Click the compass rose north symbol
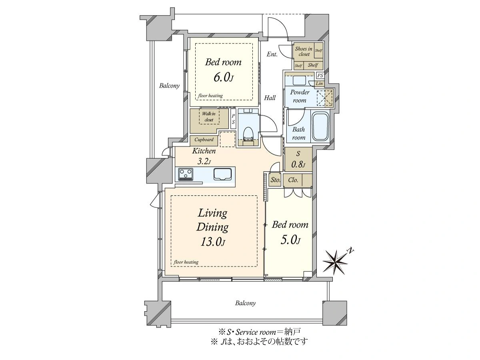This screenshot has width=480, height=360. click(x=336, y=262)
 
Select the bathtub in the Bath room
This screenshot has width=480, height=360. click(x=320, y=126)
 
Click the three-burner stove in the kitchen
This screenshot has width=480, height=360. click(x=186, y=174)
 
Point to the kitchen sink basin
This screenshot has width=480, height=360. click(x=222, y=174)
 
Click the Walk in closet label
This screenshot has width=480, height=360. click(x=209, y=117)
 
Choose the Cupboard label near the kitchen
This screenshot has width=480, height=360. click(x=204, y=140)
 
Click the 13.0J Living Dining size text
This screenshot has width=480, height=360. click(x=212, y=242)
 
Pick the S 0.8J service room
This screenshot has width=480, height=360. click(x=298, y=159)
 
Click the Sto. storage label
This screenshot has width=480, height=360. click(x=275, y=180)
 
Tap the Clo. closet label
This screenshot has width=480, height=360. click(x=293, y=180)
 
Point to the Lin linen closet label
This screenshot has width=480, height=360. click(x=319, y=83)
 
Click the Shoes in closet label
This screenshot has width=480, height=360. click(x=304, y=51)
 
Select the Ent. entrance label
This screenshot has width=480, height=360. click(x=272, y=54)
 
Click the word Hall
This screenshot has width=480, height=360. click(x=270, y=98)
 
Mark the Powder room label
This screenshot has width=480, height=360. click(x=299, y=96)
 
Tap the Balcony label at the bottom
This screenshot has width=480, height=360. click(x=245, y=303)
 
